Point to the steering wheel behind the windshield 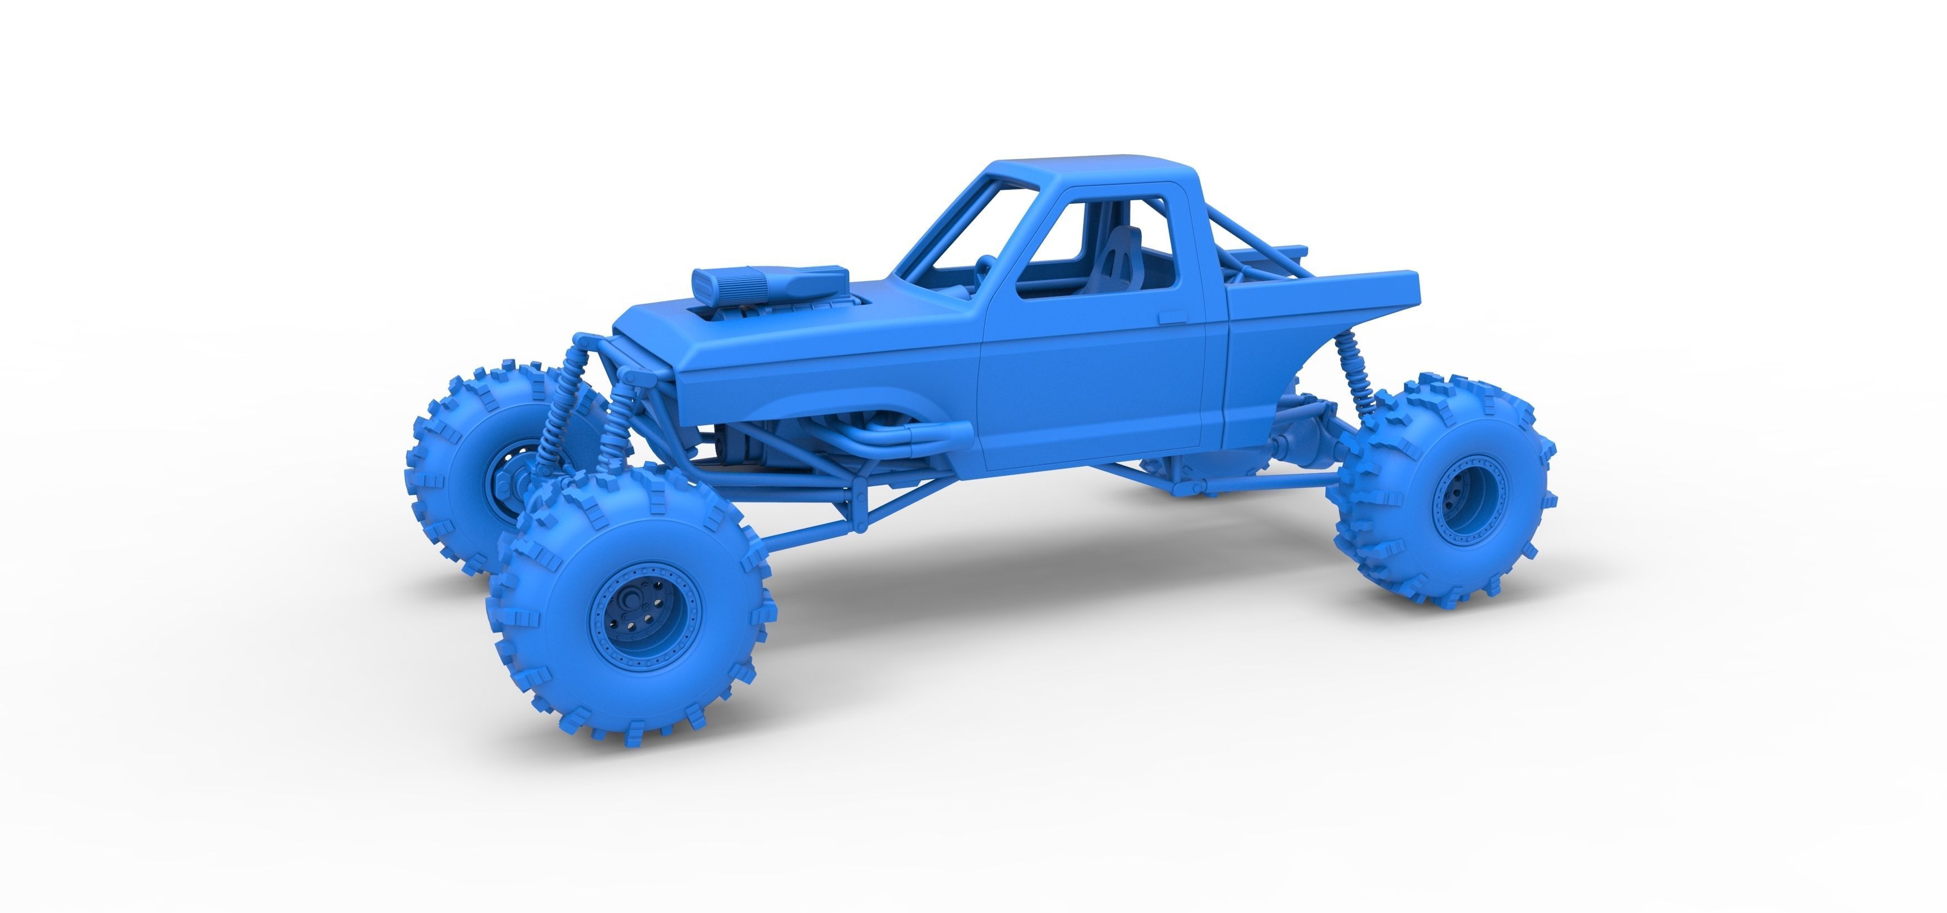pos(984,269)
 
